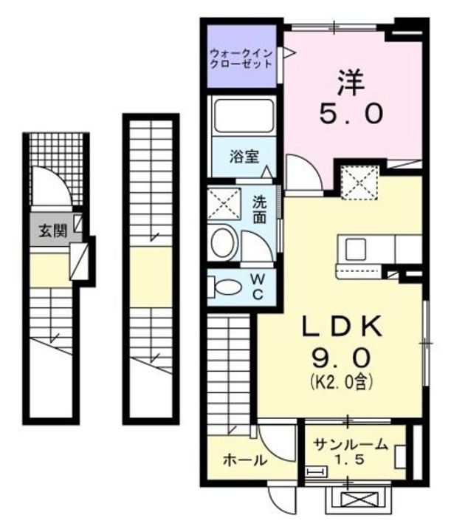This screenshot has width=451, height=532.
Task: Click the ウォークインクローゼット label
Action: [x=241, y=58]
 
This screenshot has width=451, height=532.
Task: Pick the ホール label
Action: [x=244, y=459]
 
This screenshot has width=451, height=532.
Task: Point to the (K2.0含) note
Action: [x=341, y=383]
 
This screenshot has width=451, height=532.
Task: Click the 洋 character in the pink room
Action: [x=351, y=81]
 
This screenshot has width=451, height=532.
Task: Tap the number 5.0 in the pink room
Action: [x=351, y=112]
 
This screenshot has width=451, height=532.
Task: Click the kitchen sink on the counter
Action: [x=352, y=246]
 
